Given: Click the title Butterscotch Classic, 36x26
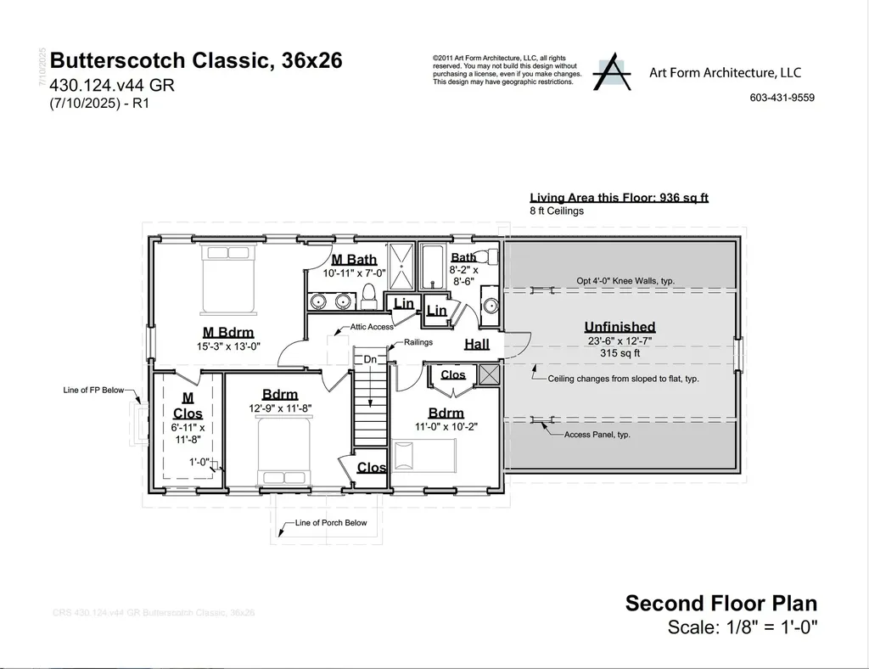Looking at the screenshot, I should pyautogui.click(x=197, y=61).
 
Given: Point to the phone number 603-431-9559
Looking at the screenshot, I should pyautogui.click(x=782, y=98).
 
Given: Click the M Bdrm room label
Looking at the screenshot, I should pyautogui.click(x=227, y=332).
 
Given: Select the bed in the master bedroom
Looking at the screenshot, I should pyautogui.click(x=227, y=278).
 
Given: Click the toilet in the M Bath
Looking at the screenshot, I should pyautogui.click(x=368, y=295).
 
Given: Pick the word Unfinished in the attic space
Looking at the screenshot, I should pyautogui.click(x=620, y=327).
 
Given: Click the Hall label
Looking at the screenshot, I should pyautogui.click(x=476, y=344).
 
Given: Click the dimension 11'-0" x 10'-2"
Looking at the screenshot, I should pyautogui.click(x=446, y=427).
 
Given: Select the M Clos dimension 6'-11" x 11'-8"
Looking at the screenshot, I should pyautogui.click(x=188, y=434).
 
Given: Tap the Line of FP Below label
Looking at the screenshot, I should pyautogui.click(x=93, y=391).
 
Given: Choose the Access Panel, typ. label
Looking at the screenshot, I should pyautogui.click(x=597, y=434).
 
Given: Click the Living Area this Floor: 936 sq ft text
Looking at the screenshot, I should pyautogui.click(x=619, y=198).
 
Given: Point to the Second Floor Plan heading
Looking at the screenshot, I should pyautogui.click(x=721, y=604).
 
